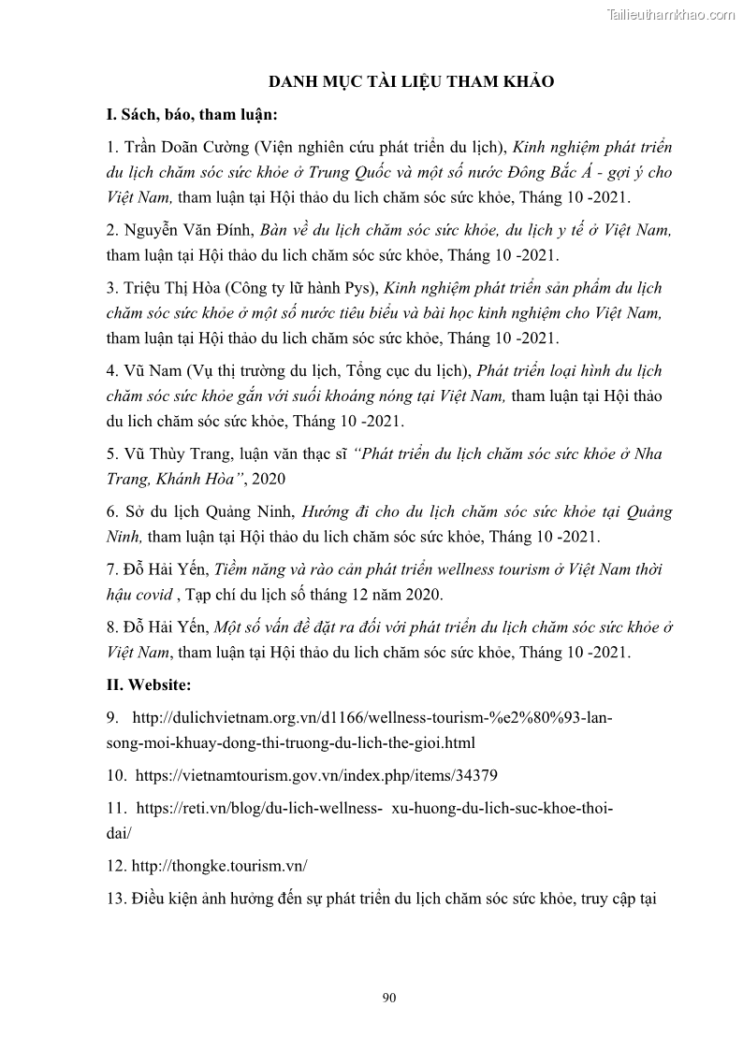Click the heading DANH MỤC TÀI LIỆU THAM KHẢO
coord(412,82)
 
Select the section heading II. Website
coord(149,685)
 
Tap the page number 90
coord(390,998)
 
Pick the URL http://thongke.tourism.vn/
coord(221,866)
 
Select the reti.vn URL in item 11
coord(374,807)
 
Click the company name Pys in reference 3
coord(357,288)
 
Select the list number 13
coord(116,899)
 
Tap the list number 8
coord(111,627)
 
